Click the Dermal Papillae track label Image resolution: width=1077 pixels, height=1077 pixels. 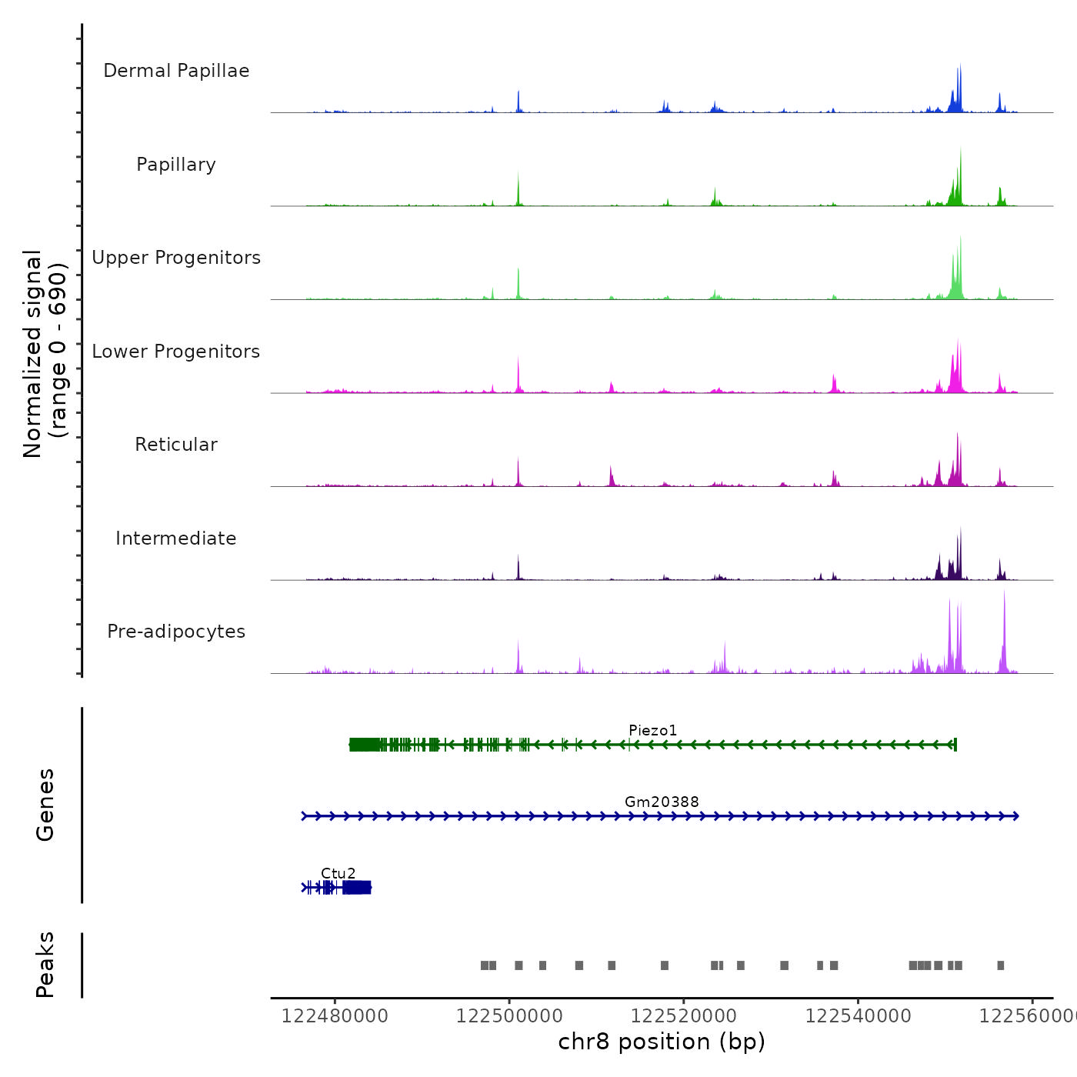tap(176, 71)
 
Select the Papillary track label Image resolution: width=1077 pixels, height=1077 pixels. tap(176, 165)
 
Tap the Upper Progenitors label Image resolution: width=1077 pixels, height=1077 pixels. tap(176, 258)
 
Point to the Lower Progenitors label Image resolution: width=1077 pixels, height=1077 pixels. tap(176, 352)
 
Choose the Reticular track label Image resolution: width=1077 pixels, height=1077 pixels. tap(176, 445)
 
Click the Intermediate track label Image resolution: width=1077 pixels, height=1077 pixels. tap(176, 538)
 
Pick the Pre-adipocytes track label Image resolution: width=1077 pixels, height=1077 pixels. tap(176, 632)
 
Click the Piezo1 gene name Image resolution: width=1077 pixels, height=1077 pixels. tap(652, 730)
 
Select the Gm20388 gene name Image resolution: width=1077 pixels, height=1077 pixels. tap(662, 802)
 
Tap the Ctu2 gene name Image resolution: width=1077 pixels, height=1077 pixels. tap(338, 873)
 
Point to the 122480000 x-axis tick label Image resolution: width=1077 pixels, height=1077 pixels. tap(335, 1015)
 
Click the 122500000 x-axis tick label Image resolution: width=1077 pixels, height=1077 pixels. tap(509, 1015)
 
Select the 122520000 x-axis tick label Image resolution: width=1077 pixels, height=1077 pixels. tap(684, 1015)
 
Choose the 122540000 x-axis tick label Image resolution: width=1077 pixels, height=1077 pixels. tap(858, 1015)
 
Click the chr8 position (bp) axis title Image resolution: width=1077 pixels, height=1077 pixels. tap(662, 1042)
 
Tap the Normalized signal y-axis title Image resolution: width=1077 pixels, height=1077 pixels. tap(45, 354)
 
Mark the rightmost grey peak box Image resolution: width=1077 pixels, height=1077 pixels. tap(1000, 965)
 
